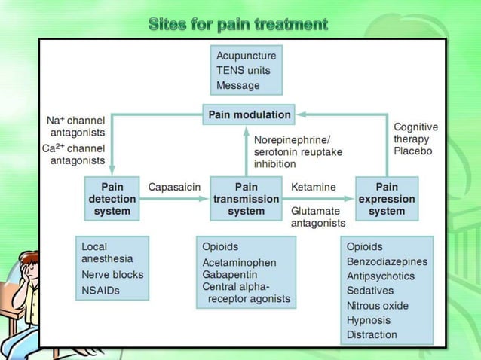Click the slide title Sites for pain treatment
239,24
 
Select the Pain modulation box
248,115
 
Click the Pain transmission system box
246,199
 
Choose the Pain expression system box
386,199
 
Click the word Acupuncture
247,55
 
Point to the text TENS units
243,70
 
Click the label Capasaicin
173,187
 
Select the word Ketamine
313,187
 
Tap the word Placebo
413,151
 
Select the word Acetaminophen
240,262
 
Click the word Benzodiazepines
387,261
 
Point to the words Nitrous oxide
378,306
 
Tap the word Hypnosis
369,320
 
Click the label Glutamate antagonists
318,217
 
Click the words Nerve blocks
112,275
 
